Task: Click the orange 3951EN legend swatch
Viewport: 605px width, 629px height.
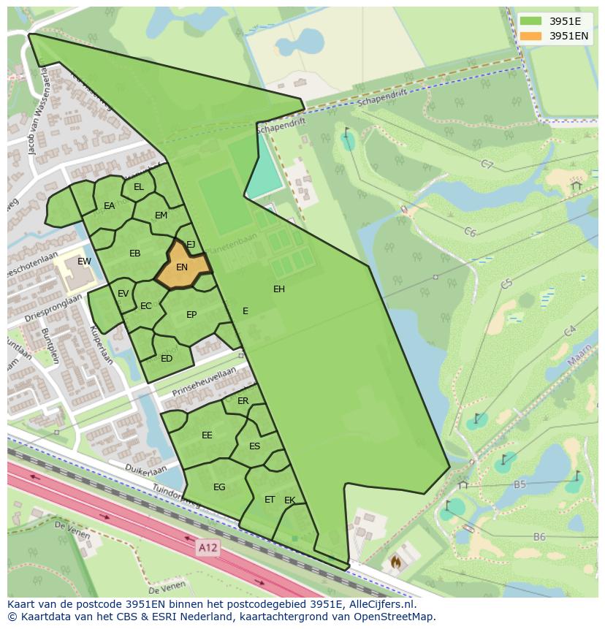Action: coord(531,36)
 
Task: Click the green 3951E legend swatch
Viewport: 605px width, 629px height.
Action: coord(531,21)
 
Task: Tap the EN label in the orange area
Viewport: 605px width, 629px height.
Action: coord(182,267)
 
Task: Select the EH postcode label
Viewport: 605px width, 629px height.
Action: coord(279,289)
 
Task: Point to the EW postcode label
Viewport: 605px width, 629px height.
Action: coord(85,262)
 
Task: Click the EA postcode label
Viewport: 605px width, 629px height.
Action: coord(110,206)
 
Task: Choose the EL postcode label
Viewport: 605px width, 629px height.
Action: coord(139,188)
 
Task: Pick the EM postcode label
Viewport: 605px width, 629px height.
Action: coord(161,216)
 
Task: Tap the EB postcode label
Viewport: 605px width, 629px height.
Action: coord(135,253)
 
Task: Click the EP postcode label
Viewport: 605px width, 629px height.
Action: coord(191,315)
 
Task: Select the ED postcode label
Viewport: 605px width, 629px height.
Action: coord(167,359)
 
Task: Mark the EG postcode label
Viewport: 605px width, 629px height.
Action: coord(219,487)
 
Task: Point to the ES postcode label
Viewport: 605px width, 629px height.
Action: coord(255,446)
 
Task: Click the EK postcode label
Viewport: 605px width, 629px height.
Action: coord(290,500)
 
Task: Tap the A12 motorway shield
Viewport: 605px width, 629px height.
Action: coord(208,546)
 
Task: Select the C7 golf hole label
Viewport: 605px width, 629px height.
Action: coord(487,164)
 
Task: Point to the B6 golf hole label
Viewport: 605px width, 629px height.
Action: coord(539,537)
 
